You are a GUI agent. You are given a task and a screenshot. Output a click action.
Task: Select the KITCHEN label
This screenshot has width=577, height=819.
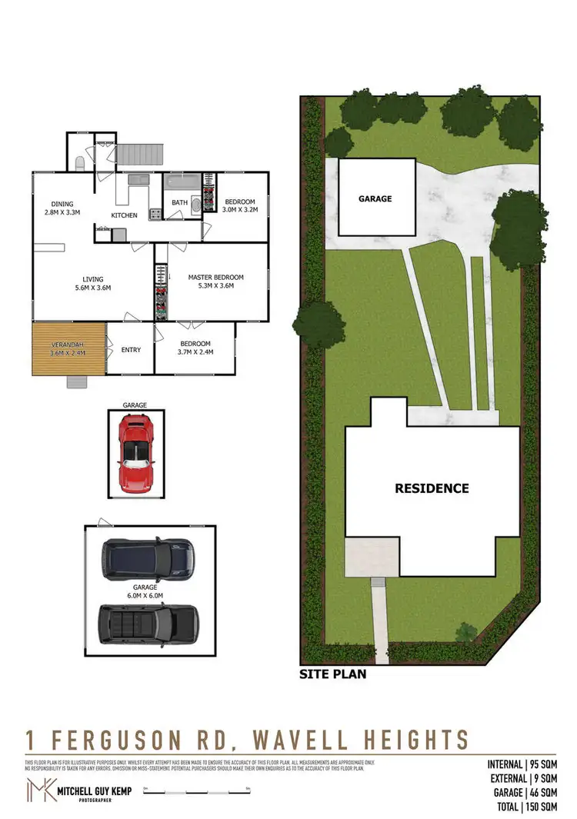point(125,215)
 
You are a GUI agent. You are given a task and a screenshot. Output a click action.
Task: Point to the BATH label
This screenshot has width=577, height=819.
point(179,203)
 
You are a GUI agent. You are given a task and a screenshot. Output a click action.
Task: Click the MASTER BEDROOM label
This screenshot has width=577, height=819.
point(215,277)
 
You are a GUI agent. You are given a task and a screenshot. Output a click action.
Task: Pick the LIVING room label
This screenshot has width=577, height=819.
point(93,279)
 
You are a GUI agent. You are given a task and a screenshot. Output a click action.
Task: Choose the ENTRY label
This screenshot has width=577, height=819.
point(131,350)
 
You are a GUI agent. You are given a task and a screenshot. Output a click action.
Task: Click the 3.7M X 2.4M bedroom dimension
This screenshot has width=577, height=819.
point(195,352)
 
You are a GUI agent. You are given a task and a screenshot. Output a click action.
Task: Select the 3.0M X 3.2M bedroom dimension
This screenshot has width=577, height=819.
point(239,209)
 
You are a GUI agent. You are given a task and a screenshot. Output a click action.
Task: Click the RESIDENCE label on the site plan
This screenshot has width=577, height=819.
point(432,488)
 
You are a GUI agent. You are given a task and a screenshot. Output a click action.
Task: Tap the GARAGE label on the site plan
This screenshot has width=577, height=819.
point(375,198)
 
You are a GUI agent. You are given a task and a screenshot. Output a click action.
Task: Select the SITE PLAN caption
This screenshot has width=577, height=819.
point(332,674)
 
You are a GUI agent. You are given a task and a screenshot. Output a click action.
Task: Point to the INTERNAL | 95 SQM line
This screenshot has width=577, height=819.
point(522,764)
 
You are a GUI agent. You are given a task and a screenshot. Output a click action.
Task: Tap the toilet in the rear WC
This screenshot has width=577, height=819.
point(80,163)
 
